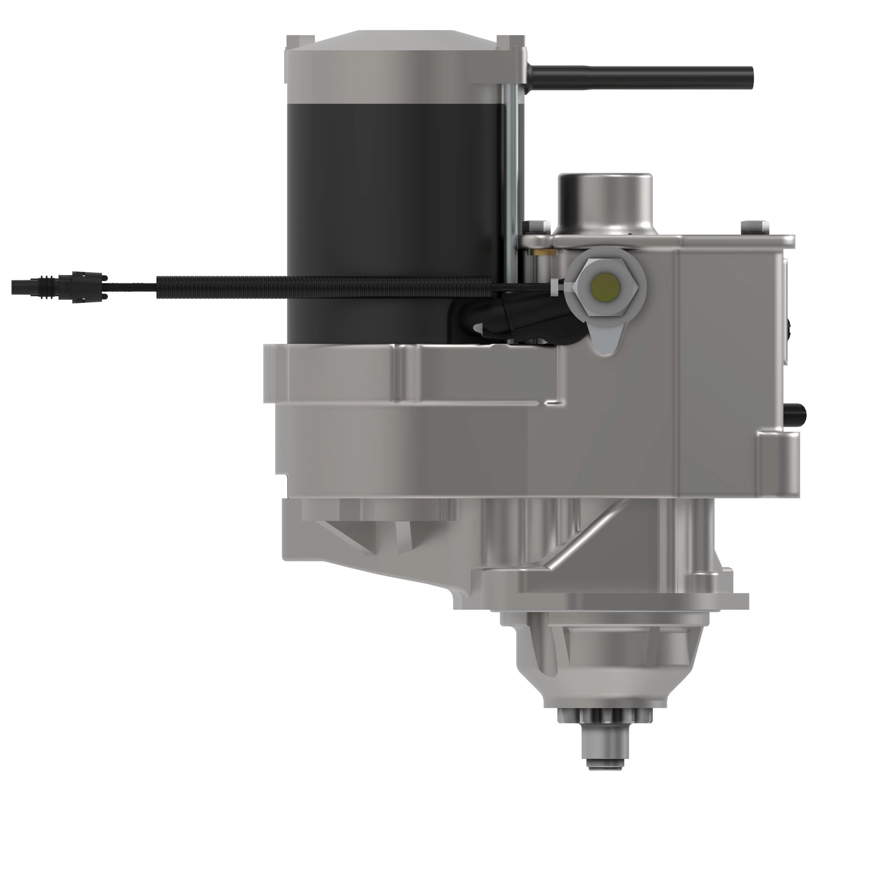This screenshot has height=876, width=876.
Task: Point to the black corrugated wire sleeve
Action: tap(318, 286)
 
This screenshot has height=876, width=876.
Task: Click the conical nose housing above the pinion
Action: tap(608, 657)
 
